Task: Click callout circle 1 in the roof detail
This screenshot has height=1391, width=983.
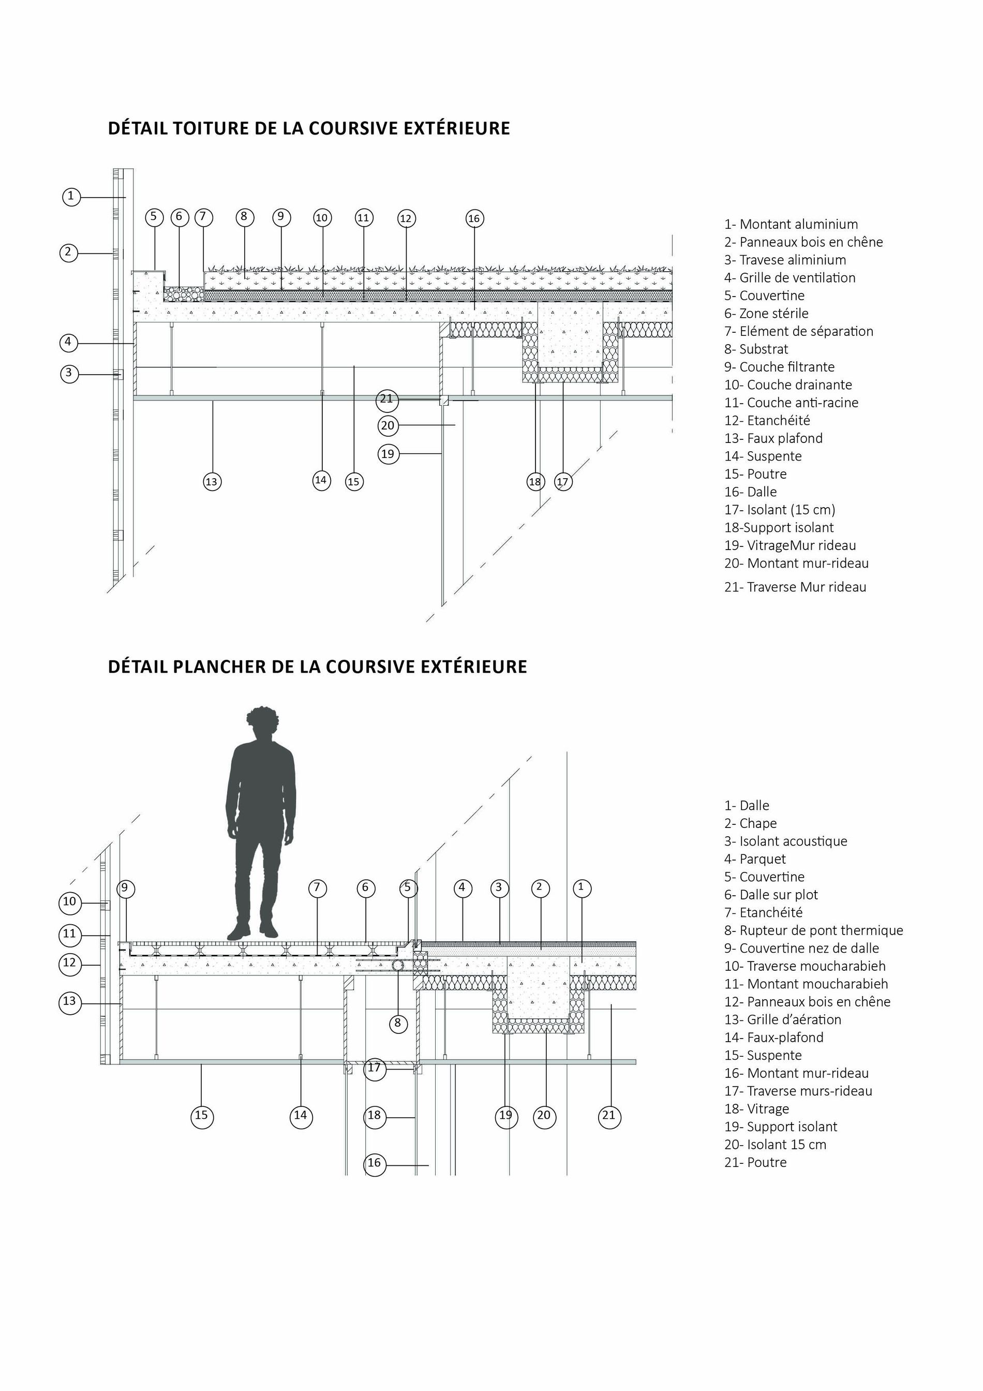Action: (71, 196)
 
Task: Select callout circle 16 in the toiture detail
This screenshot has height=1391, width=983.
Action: (474, 219)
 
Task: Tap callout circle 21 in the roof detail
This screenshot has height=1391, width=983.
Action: (386, 398)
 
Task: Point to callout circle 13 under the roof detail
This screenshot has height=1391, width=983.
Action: (212, 482)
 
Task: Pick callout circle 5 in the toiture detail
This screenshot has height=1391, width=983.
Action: (154, 217)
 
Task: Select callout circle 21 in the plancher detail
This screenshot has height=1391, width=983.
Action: (609, 1115)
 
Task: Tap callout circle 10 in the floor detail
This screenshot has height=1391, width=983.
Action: (70, 902)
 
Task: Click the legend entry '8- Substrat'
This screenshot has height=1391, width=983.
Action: (756, 349)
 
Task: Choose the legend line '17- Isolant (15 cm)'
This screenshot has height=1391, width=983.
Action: (780, 510)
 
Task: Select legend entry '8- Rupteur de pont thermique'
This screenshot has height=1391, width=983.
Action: (813, 930)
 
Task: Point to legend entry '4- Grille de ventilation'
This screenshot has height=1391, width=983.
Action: (790, 277)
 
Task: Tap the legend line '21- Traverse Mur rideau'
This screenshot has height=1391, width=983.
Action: (795, 586)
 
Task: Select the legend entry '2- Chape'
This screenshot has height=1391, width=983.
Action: (750, 823)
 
